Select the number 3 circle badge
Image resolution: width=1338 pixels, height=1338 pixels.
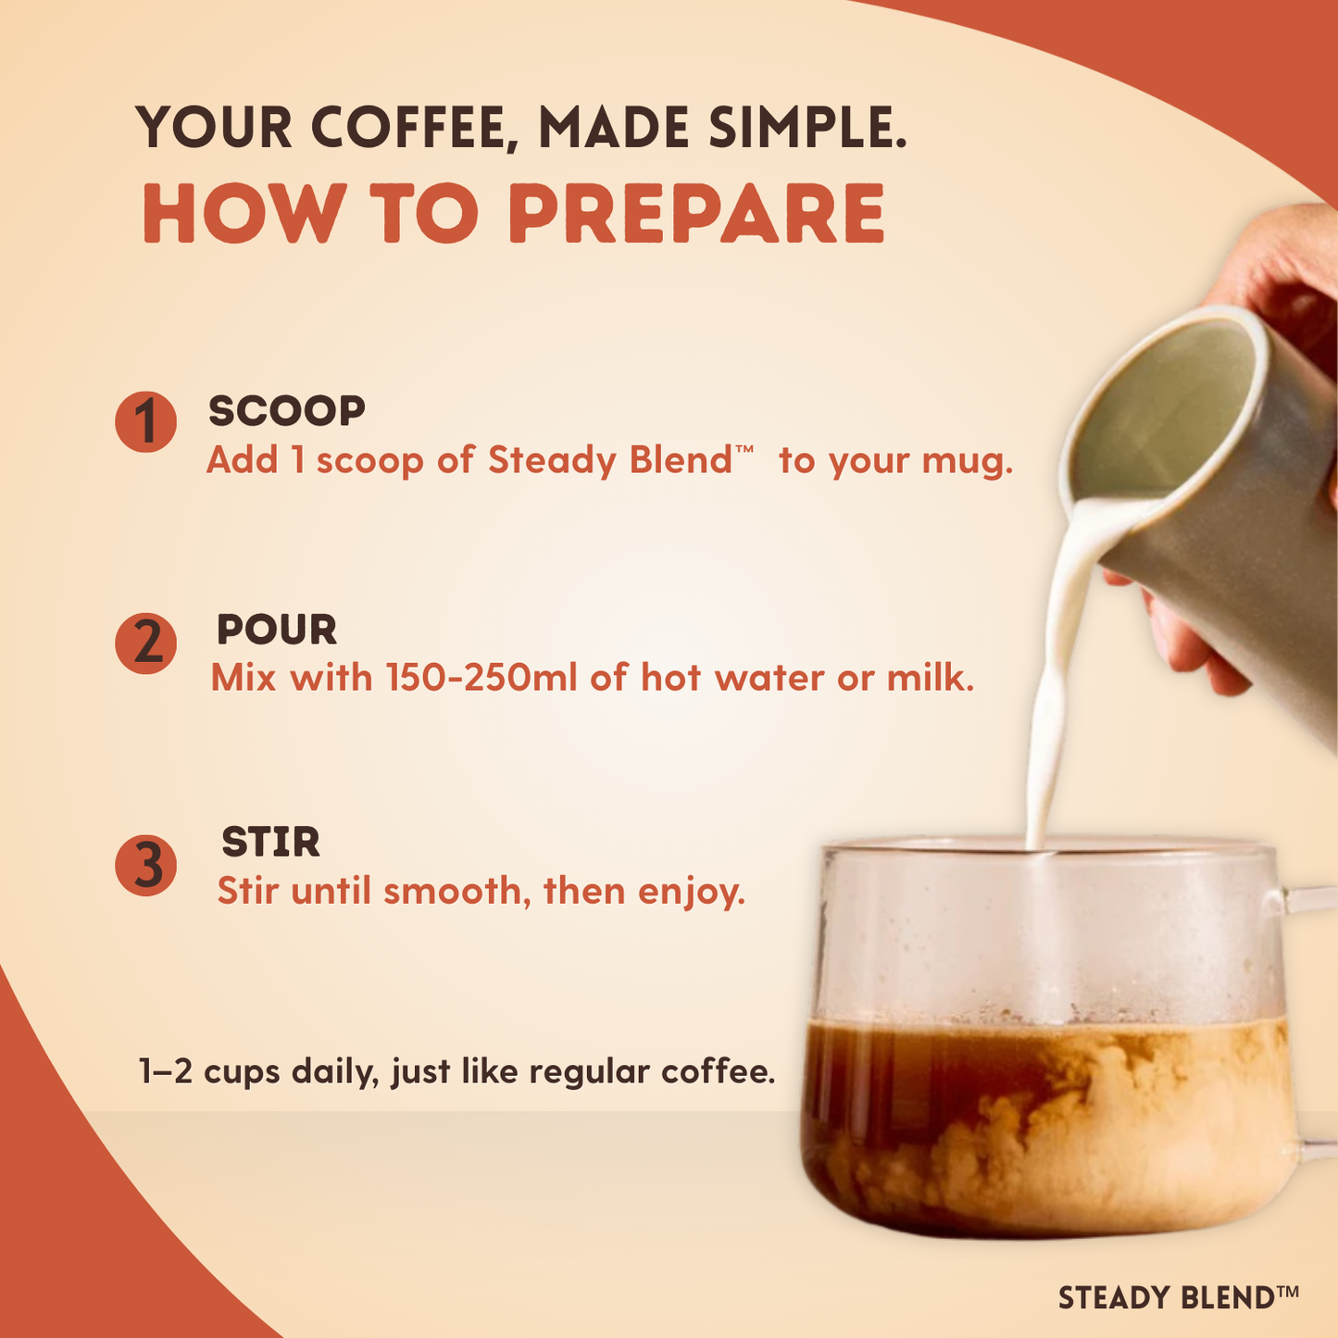click(145, 866)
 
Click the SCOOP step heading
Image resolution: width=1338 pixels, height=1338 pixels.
click(287, 411)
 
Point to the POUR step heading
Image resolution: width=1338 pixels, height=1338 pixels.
click(276, 631)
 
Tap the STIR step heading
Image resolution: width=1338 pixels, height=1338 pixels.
click(270, 843)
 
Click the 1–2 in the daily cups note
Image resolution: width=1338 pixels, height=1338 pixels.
click(165, 1071)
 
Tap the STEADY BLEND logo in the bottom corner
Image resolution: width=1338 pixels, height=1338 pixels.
click(1178, 1297)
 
